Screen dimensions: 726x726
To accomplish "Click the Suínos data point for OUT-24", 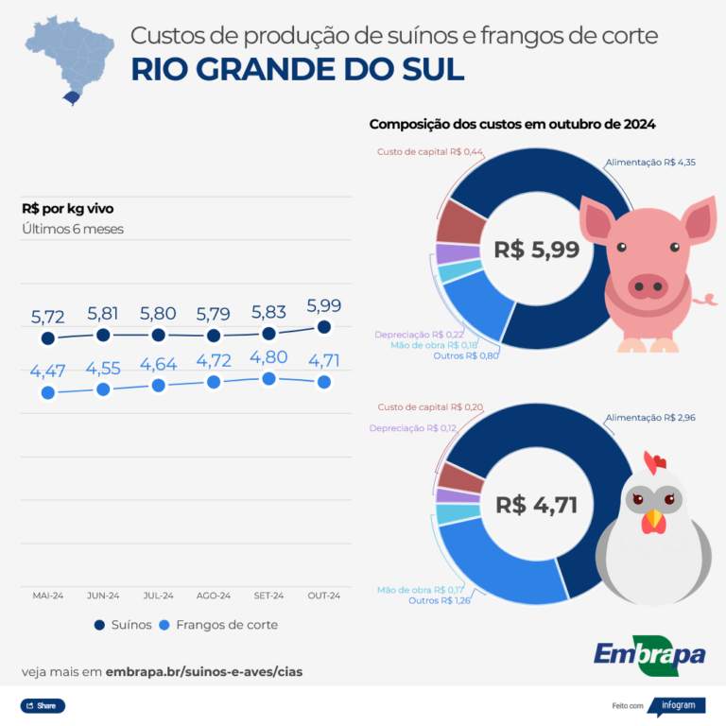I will pos(324,327).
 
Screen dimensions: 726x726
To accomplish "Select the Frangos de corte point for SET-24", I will pos(268,378).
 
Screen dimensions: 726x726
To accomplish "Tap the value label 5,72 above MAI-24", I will pos(47,317).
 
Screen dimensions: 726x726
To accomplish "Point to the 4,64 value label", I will pos(158,364).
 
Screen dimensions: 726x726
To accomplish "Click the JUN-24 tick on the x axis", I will pos(102,596).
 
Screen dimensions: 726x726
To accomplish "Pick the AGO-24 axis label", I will pos(214,596).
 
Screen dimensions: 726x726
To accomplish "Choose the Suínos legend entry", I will pos(123,625).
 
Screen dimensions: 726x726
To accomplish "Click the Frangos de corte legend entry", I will pos(217,625).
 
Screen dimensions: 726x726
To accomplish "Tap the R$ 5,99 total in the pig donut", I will pos(536,250).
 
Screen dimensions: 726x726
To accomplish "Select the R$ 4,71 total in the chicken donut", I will pos(536,505).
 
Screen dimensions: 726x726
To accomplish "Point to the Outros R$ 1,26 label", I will pos(440,600).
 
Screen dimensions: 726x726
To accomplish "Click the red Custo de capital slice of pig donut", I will pos(458,221).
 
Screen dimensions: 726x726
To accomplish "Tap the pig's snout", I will pos(648,283).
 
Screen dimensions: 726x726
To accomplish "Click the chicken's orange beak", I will pos(653,520).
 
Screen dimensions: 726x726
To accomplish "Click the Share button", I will pos(43,705).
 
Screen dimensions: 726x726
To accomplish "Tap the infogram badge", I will pos(676,705).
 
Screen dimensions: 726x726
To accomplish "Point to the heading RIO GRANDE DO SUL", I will pos(297,70).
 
